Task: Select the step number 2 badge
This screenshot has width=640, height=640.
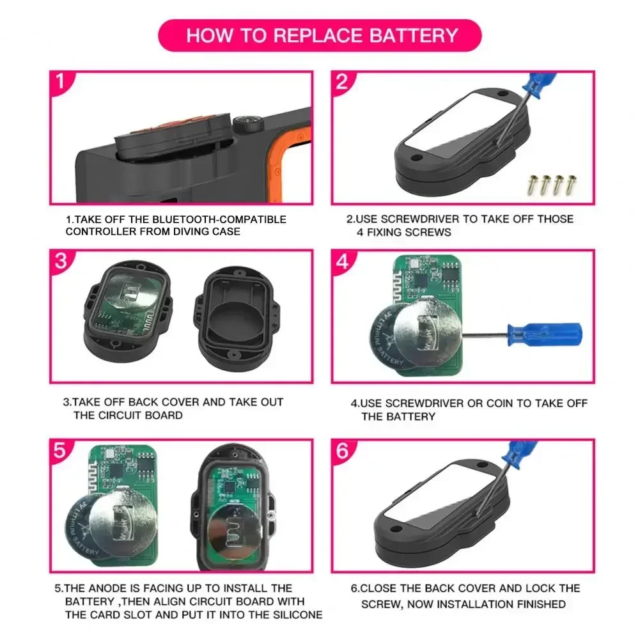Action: [342, 82]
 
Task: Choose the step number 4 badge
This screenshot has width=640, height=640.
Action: [342, 261]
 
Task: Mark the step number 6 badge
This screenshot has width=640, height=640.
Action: [342, 450]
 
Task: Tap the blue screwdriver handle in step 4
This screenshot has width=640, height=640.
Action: [544, 332]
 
